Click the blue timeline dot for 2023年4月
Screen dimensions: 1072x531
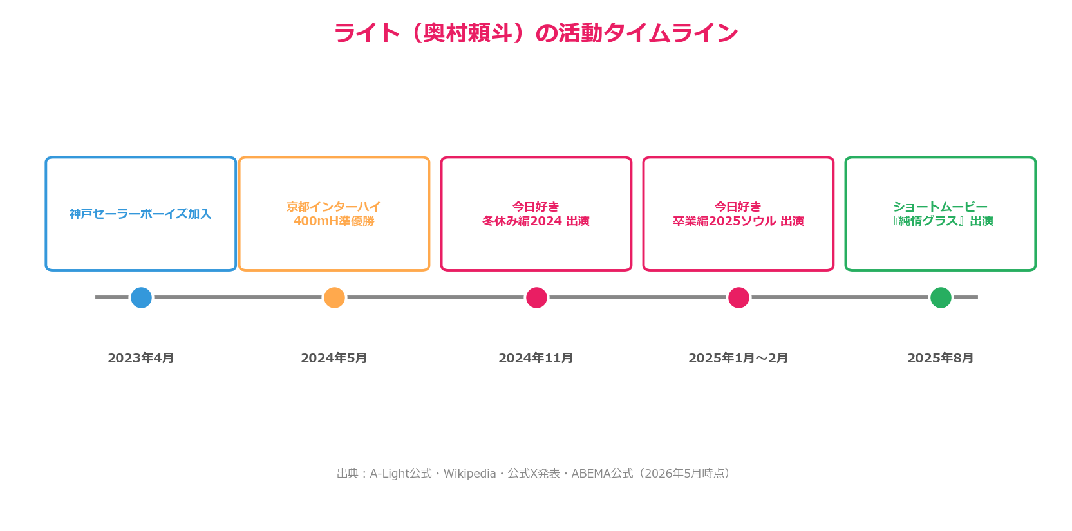(x=141, y=297)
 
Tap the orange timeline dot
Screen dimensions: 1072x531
(x=335, y=297)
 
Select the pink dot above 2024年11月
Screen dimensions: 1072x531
(x=536, y=297)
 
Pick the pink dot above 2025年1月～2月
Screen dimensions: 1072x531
(x=738, y=297)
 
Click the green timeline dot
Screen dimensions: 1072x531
(x=941, y=297)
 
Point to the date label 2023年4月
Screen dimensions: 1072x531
(x=141, y=358)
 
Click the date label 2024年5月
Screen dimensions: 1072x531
(x=334, y=358)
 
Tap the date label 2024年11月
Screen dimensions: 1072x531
(x=536, y=358)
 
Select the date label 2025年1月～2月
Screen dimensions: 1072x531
(x=738, y=358)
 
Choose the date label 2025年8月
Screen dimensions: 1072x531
(x=941, y=358)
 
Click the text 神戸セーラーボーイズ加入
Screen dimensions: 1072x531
(x=141, y=214)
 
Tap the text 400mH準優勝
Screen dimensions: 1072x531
(x=334, y=221)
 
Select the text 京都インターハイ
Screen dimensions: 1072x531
(x=334, y=207)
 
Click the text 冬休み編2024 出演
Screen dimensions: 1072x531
(x=536, y=221)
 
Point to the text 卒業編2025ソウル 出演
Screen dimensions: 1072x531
(x=738, y=221)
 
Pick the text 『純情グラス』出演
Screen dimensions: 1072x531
(x=941, y=221)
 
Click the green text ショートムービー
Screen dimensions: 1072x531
(x=941, y=207)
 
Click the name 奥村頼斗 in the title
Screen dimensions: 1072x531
(x=467, y=33)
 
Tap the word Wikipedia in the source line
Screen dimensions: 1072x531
(x=469, y=474)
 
